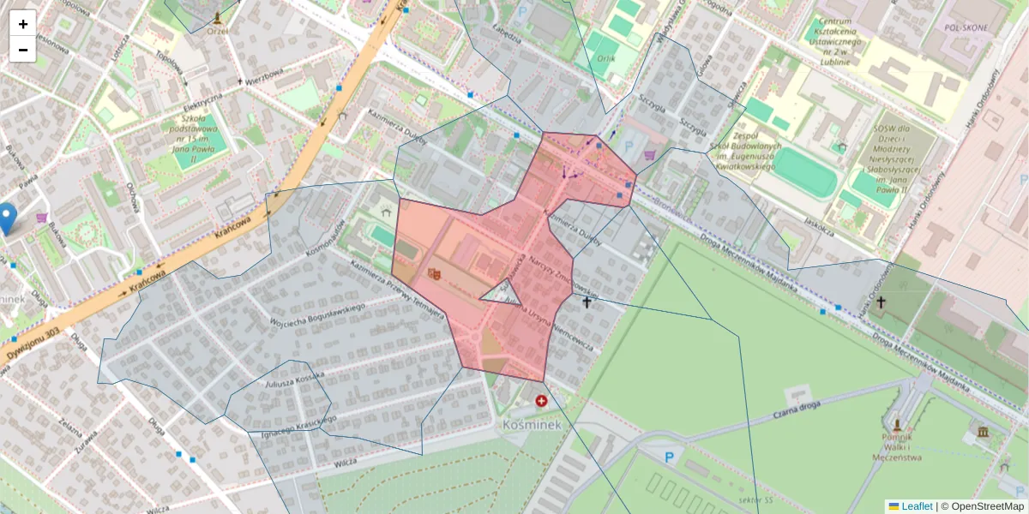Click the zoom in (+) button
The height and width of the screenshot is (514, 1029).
tap(23, 24)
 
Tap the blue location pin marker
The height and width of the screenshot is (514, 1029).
tap(7, 218)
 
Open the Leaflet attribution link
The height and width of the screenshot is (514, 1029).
tap(916, 506)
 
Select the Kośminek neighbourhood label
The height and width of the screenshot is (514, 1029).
tap(531, 424)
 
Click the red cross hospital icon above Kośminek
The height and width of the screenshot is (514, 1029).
tap(541, 400)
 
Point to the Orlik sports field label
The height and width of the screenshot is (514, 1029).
tap(607, 59)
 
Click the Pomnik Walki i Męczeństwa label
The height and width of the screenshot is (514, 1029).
tap(897, 447)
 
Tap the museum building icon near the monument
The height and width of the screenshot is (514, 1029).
tap(982, 431)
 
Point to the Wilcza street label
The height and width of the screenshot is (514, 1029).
tap(346, 461)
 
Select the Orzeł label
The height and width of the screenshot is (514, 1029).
tap(217, 32)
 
